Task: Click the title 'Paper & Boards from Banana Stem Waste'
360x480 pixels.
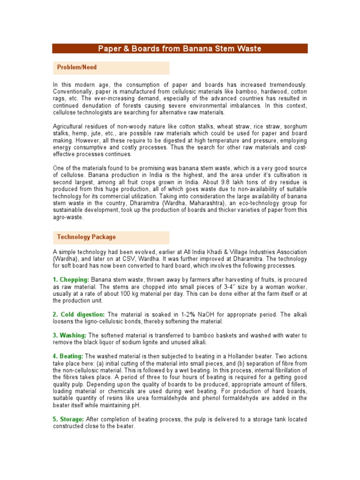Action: [x=180, y=49]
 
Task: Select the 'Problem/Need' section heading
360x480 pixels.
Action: [x=77, y=67]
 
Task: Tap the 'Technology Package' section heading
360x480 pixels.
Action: [x=86, y=237]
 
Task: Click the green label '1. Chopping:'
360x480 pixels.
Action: [x=71, y=280]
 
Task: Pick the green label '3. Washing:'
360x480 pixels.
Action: [x=69, y=336]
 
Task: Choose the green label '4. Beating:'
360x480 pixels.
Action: [x=67, y=357]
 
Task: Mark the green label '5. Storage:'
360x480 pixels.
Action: [x=68, y=420]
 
